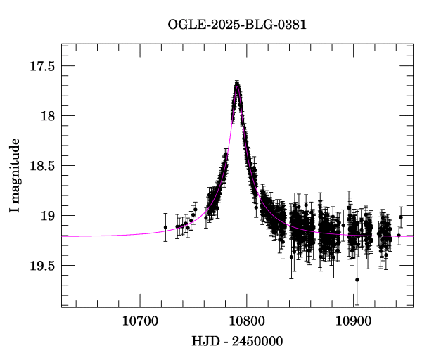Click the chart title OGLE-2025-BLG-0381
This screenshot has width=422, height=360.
point(237,25)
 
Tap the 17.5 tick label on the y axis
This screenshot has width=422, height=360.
point(41,66)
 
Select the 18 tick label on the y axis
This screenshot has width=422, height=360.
point(47,116)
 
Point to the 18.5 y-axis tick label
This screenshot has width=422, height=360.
point(41,166)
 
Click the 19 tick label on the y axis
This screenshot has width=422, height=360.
point(47,216)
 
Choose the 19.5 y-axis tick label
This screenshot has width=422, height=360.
point(41,266)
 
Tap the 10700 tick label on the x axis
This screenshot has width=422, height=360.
point(139,321)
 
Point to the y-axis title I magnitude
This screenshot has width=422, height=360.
point(15,176)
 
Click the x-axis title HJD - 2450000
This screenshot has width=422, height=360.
point(237,342)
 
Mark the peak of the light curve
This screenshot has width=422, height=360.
point(238,84)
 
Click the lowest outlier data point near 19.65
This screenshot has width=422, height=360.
point(357,280)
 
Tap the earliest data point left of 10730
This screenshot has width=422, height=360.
point(165,227)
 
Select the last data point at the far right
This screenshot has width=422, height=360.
point(401,217)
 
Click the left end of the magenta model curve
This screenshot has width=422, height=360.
point(63,236)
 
